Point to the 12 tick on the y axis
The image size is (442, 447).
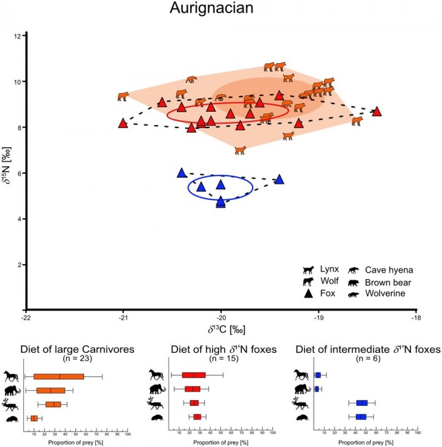pyautogui.click(x=20, y=36)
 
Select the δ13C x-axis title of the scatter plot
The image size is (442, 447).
pyautogui.click(x=221, y=331)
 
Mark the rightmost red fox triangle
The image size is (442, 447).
pyautogui.click(x=377, y=111)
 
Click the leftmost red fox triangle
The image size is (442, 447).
pyautogui.click(x=123, y=122)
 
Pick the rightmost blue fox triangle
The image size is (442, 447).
pyautogui.click(x=279, y=179)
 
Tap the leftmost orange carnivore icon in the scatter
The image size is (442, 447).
pyautogui.click(x=123, y=97)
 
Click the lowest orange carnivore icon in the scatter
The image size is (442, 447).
pyautogui.click(x=240, y=150)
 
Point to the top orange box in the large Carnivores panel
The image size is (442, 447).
pyautogui.click(x=59, y=377)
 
